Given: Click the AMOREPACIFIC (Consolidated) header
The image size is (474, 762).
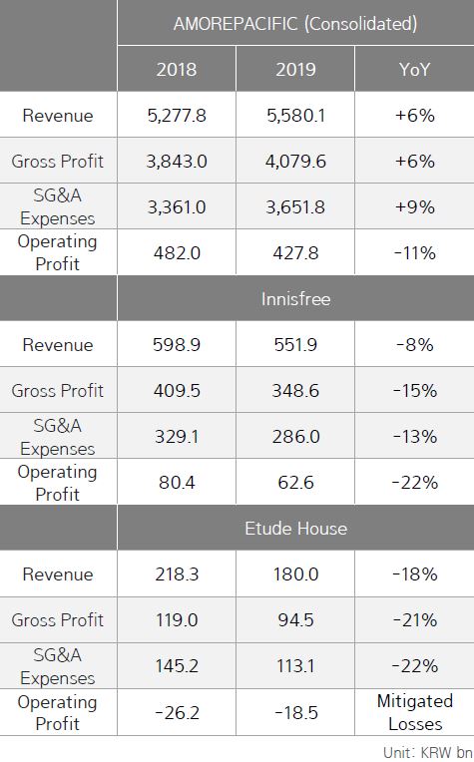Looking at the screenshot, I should pos(295,23).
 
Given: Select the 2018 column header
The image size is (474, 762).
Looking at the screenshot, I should pos(177,70).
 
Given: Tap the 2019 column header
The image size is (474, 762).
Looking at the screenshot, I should pos(295,70).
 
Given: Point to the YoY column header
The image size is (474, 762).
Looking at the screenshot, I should pos(414,70).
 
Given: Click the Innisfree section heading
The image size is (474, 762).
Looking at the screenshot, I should pos(295,298).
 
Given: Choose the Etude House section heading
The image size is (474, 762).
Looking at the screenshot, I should pos(295,528).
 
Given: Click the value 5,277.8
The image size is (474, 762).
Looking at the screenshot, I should pos(177,116).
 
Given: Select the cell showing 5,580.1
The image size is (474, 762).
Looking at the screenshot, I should pos(295,116).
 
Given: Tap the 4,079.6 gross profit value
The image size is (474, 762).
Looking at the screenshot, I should pos(295,162).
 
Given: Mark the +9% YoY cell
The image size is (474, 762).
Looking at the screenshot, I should pos(414,207).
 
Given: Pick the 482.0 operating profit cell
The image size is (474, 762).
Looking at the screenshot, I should pos(177,253).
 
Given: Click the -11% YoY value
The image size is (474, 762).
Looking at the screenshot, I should pos(414,253).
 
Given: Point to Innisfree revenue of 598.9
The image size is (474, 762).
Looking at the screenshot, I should pos(177,345).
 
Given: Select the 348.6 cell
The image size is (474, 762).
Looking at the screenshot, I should pos(295,391).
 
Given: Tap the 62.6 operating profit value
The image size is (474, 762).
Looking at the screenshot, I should pos(295,483).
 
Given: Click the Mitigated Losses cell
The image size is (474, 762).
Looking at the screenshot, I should pos(414,712).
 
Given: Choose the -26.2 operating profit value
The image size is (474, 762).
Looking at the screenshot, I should pos(177,712).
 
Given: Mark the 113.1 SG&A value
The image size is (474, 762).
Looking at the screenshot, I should pos(295,666).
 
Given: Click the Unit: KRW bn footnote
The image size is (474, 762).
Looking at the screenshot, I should pos(427,751).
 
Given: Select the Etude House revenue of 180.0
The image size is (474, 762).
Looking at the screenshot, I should pos(295,574).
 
